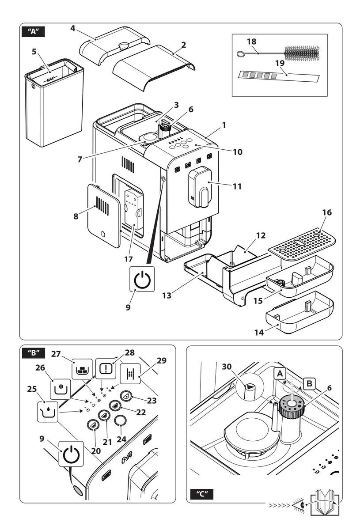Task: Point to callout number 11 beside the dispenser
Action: pyautogui.click(x=237, y=186)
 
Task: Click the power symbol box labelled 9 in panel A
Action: pyautogui.click(x=142, y=280)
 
